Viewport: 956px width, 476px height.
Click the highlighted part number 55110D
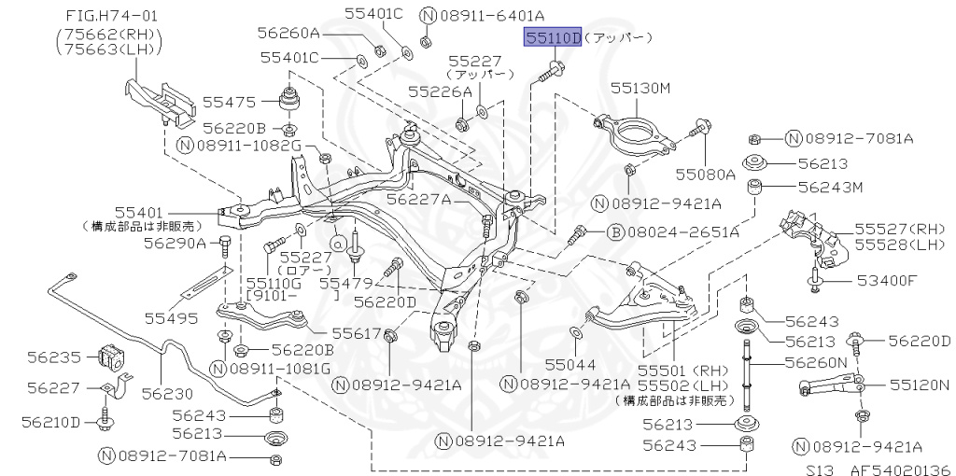(x=552, y=38)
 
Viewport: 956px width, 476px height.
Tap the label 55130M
(x=640, y=88)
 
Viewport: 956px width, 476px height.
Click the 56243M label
(x=830, y=187)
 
